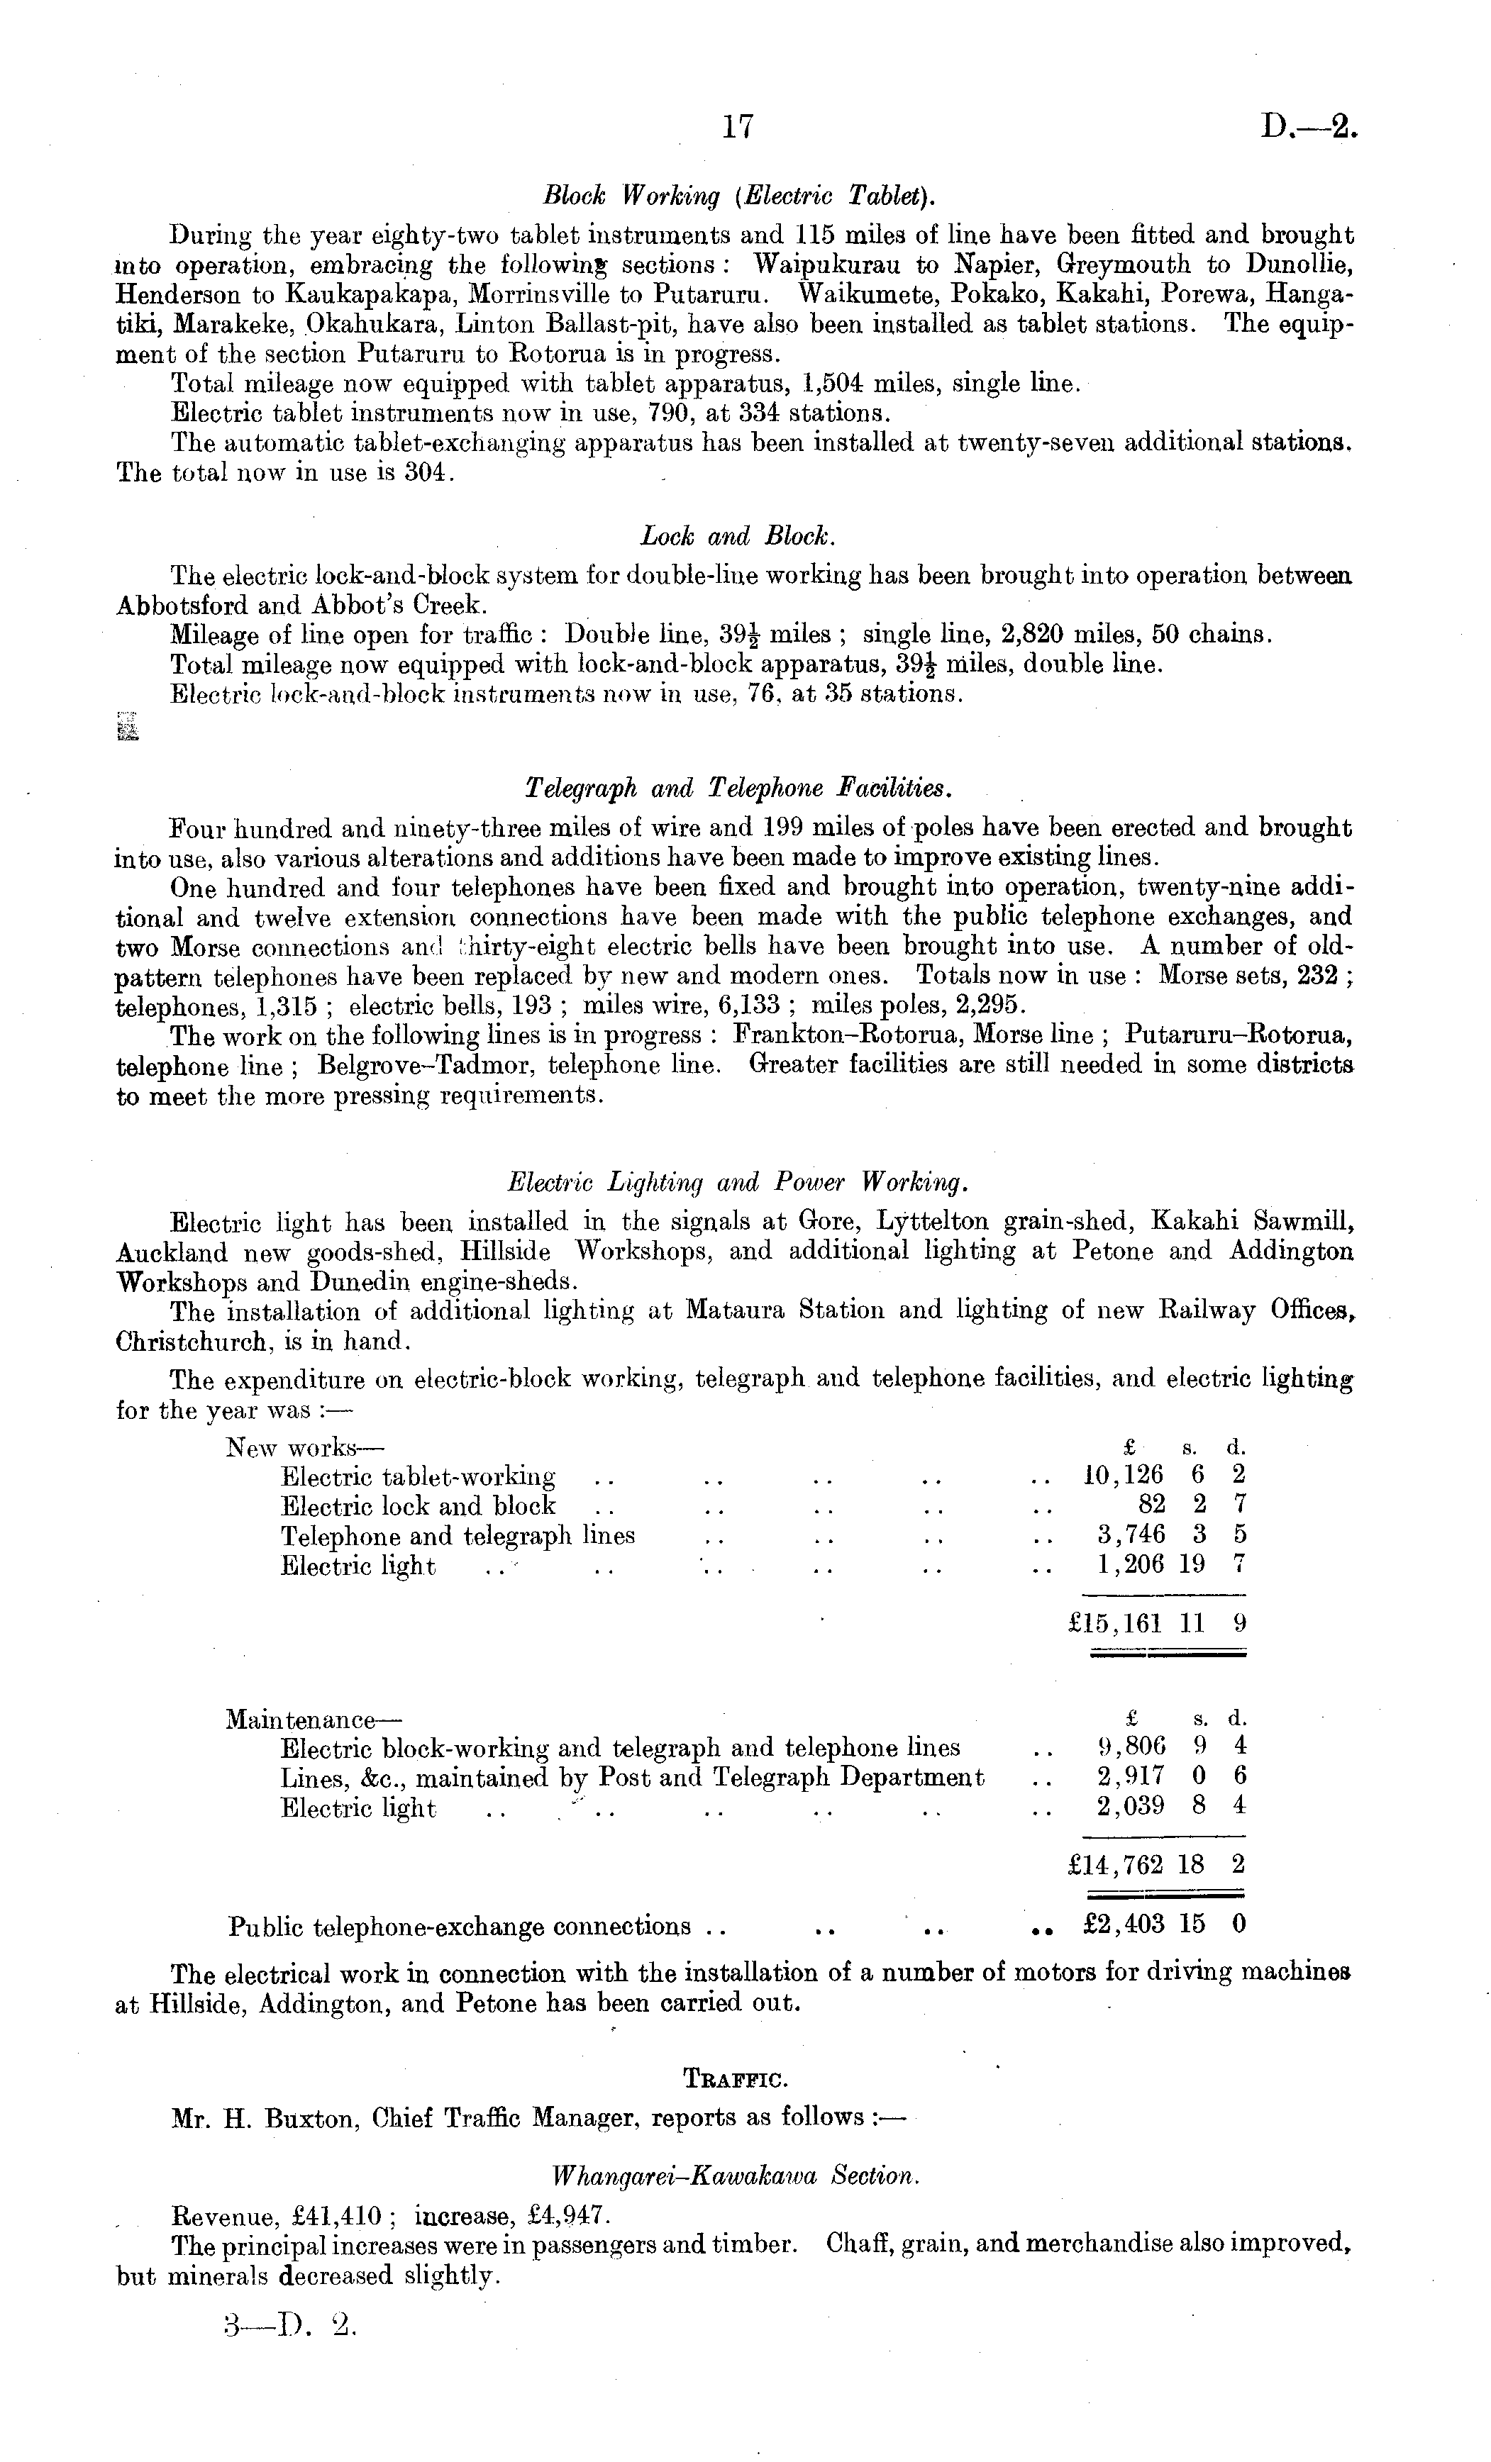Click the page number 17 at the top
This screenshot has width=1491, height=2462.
(x=736, y=126)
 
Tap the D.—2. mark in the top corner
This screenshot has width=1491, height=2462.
(x=1310, y=126)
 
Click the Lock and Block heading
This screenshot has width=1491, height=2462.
(x=738, y=537)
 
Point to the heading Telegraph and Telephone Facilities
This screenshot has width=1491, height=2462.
(x=738, y=789)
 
